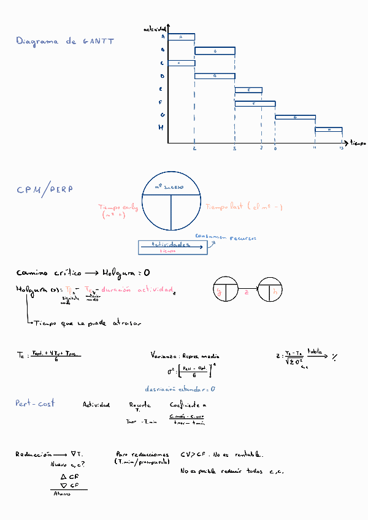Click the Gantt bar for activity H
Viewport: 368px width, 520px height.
pos(329,129)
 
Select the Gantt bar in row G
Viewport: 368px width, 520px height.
pos(295,117)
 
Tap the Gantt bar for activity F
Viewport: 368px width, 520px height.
pos(255,104)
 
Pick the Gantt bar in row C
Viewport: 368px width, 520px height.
pos(181,63)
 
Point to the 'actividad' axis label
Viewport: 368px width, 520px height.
pos(155,29)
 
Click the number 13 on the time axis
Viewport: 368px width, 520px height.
pos(342,148)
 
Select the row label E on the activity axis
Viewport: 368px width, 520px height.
pos(161,90)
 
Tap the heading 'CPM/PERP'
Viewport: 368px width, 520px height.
pos(45,190)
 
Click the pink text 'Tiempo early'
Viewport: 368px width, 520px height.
pos(118,207)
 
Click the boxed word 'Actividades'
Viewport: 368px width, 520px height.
pos(171,244)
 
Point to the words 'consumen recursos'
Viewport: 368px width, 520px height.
pos(225,237)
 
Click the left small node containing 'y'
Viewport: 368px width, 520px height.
pos(225,290)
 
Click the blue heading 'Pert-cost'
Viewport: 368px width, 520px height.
pos(35,403)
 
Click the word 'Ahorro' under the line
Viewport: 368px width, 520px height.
pos(62,493)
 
